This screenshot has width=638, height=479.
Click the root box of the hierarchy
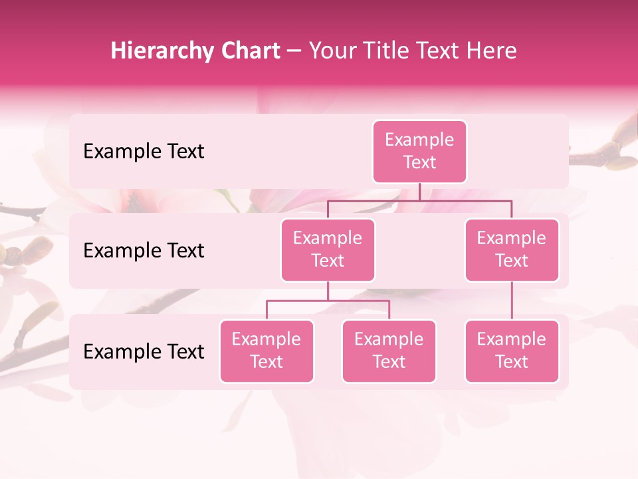click(x=419, y=151)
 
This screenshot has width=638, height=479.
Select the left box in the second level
click(x=328, y=249)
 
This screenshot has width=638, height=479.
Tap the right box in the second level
click(x=512, y=249)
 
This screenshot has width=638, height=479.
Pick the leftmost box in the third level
click(x=266, y=351)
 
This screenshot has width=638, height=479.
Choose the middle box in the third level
click(x=389, y=351)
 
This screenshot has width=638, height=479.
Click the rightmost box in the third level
click(x=512, y=351)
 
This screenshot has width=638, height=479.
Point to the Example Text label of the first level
click(x=144, y=152)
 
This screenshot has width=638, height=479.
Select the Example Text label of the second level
click(x=144, y=251)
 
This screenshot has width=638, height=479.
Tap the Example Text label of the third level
click(x=144, y=352)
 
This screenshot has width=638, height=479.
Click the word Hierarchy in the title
click(x=163, y=51)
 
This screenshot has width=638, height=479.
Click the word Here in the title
click(x=491, y=51)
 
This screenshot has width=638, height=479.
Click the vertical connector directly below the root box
click(x=419, y=192)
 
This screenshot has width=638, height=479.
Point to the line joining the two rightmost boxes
click(x=512, y=301)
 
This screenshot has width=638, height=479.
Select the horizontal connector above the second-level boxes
click(x=419, y=200)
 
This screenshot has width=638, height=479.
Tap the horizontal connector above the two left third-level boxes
click(x=328, y=301)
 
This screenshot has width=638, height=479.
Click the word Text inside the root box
click(x=419, y=162)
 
